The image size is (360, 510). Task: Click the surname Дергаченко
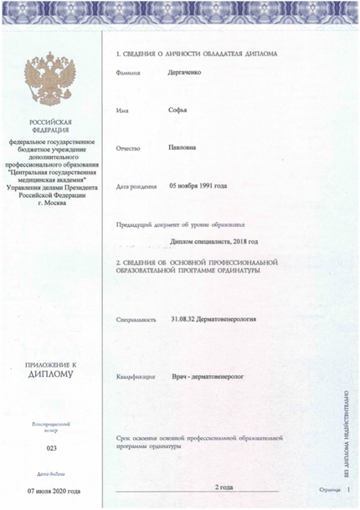tap(191, 73)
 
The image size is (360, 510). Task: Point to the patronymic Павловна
tap(186, 147)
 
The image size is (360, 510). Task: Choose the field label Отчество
tap(131, 148)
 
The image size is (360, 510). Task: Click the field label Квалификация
tap(137, 379)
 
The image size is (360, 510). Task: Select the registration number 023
tap(51, 450)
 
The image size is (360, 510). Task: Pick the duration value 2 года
tap(224, 487)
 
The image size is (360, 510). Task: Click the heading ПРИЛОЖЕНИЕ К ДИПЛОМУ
tap(51, 369)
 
